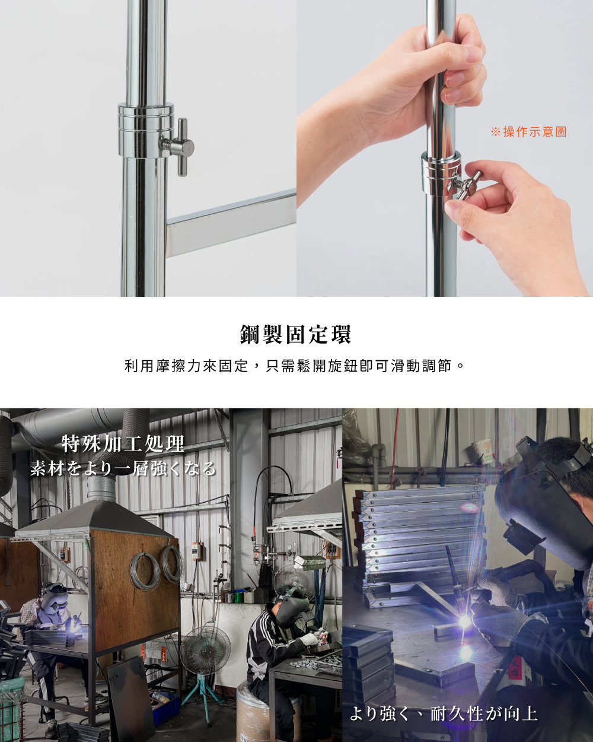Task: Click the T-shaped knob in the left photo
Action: tap(180, 146)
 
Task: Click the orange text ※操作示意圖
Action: tap(528, 132)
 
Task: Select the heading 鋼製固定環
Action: tap(295, 334)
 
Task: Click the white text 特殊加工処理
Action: tap(123, 443)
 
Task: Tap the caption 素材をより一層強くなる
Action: tap(123, 468)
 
